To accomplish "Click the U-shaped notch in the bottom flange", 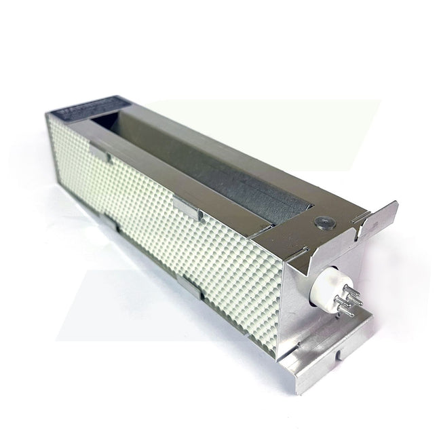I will point(339,355).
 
